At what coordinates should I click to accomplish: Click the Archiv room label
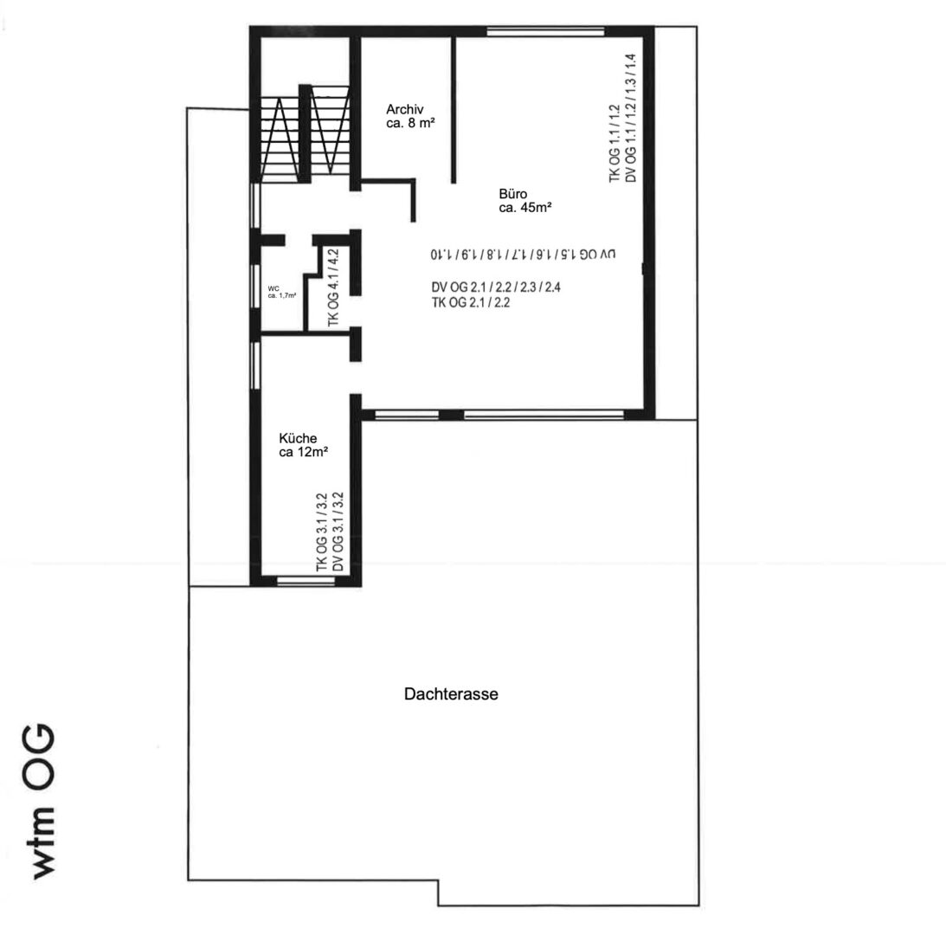[404, 110]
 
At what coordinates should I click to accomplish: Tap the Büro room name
[512, 194]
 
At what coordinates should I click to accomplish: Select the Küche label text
[298, 438]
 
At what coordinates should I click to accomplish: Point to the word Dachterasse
[450, 694]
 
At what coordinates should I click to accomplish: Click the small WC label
[274, 289]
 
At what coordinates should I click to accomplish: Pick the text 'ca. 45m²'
[525, 208]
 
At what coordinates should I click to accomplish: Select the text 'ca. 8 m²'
[410, 124]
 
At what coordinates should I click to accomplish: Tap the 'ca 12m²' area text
[303, 452]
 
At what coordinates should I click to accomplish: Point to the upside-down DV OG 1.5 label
[522, 255]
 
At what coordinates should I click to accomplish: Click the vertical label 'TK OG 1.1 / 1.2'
[615, 143]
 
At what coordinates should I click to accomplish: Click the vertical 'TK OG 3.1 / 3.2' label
[323, 532]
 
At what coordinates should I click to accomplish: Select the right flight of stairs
[330, 134]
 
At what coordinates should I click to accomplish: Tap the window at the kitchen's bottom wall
[306, 581]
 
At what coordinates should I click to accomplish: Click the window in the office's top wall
[544, 32]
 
